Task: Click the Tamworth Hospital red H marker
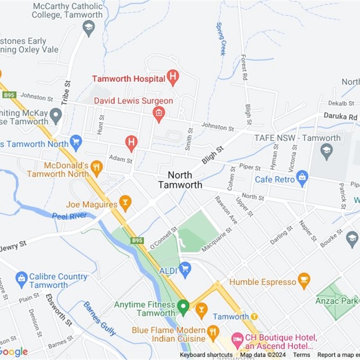click(173, 77)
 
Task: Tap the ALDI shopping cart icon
click(184, 270)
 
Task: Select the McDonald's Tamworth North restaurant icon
click(96, 168)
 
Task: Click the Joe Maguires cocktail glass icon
click(125, 203)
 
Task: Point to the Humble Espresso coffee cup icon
click(304, 281)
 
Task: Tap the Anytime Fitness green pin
click(183, 307)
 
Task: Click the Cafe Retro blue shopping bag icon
click(302, 179)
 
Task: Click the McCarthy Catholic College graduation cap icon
click(89, 28)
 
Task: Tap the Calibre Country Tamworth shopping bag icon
click(21, 279)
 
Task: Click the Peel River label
click(69, 216)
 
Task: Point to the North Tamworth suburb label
click(180, 180)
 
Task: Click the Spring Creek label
click(221, 39)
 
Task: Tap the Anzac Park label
click(337, 300)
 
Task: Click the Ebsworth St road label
click(59, 310)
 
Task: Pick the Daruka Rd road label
click(340, 116)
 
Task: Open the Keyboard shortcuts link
click(206, 355)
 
